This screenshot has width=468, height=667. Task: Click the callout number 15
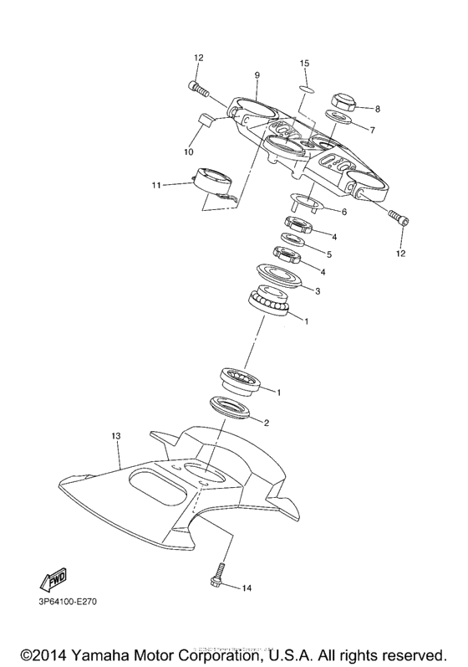(x=305, y=64)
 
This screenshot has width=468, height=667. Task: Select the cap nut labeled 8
(x=344, y=104)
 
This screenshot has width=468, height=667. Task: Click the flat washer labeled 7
(x=338, y=121)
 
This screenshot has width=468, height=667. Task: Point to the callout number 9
(x=257, y=74)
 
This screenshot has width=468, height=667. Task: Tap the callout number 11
(x=157, y=184)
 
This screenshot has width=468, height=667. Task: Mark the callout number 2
(x=267, y=423)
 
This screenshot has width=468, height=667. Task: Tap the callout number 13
(x=116, y=436)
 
